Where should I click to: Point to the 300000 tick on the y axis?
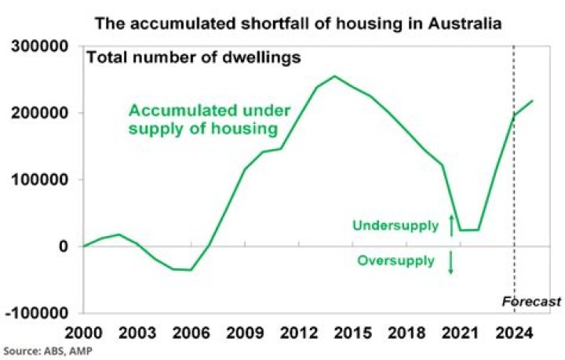tap(42, 48)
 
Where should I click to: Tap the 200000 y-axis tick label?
tap(42, 114)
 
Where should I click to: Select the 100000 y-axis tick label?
tap(42, 180)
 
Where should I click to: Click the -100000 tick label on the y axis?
tap(39, 313)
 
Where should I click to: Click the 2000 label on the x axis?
tap(83, 332)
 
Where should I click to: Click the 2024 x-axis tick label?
tap(513, 332)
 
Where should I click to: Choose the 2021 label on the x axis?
tap(460, 332)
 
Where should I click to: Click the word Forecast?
tap(532, 302)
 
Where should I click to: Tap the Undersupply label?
tap(395, 226)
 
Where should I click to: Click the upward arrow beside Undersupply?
tap(451, 225)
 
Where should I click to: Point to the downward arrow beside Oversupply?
tap(451, 262)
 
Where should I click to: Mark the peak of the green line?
tap(335, 76)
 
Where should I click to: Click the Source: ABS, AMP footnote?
tap(47, 350)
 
